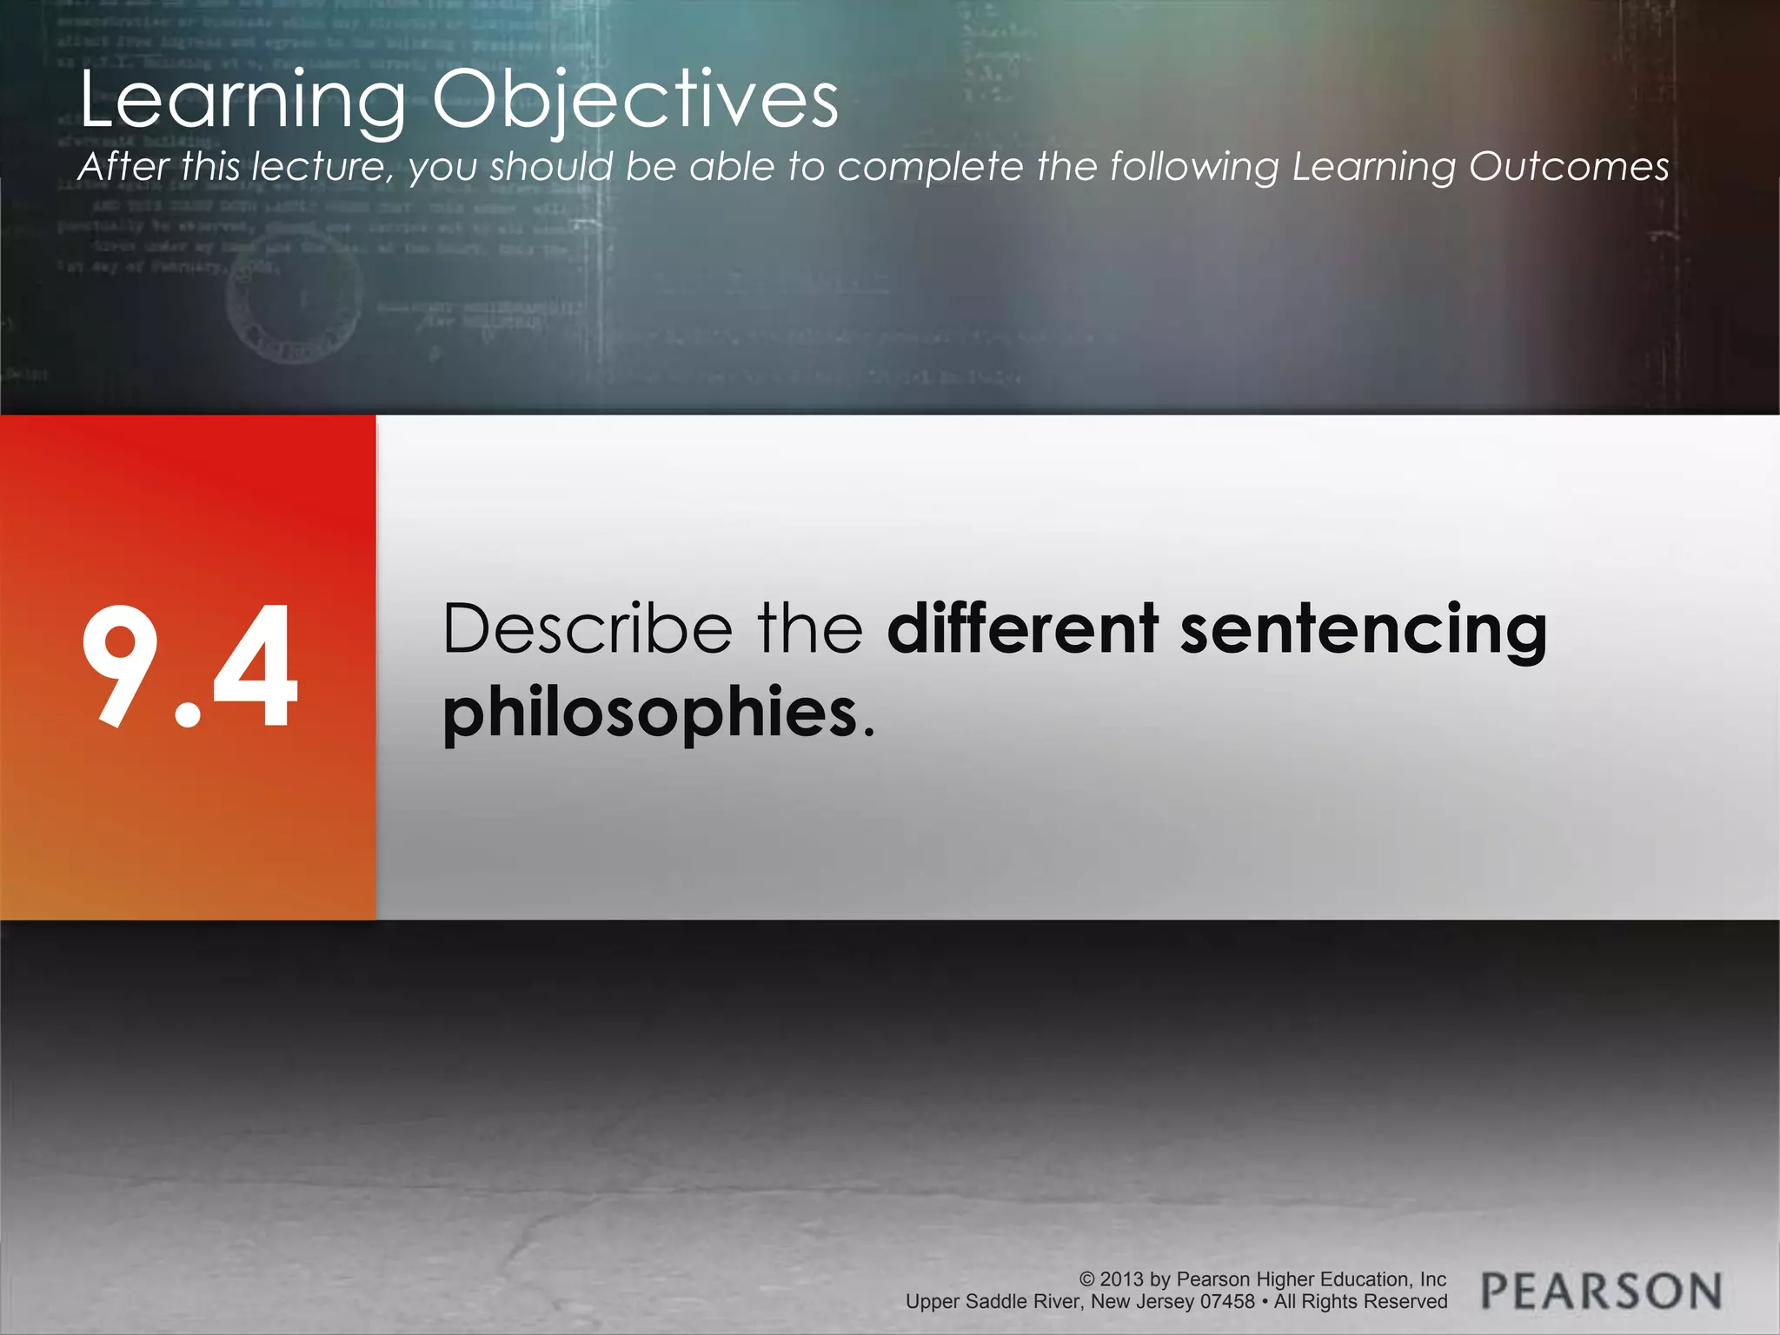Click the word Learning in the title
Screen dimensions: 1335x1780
point(243,102)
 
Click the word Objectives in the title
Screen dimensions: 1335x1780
point(635,102)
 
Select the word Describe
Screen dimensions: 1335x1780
point(588,628)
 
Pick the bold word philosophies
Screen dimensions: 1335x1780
point(650,712)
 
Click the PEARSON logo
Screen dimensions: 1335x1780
point(1601,1291)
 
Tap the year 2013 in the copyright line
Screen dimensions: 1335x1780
point(1122,1279)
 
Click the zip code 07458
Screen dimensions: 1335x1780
point(1227,1302)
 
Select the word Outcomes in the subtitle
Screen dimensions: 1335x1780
point(1569,167)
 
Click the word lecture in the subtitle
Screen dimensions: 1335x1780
point(318,167)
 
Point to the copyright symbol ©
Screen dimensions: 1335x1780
point(1086,1279)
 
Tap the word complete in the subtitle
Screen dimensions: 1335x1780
point(930,167)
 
